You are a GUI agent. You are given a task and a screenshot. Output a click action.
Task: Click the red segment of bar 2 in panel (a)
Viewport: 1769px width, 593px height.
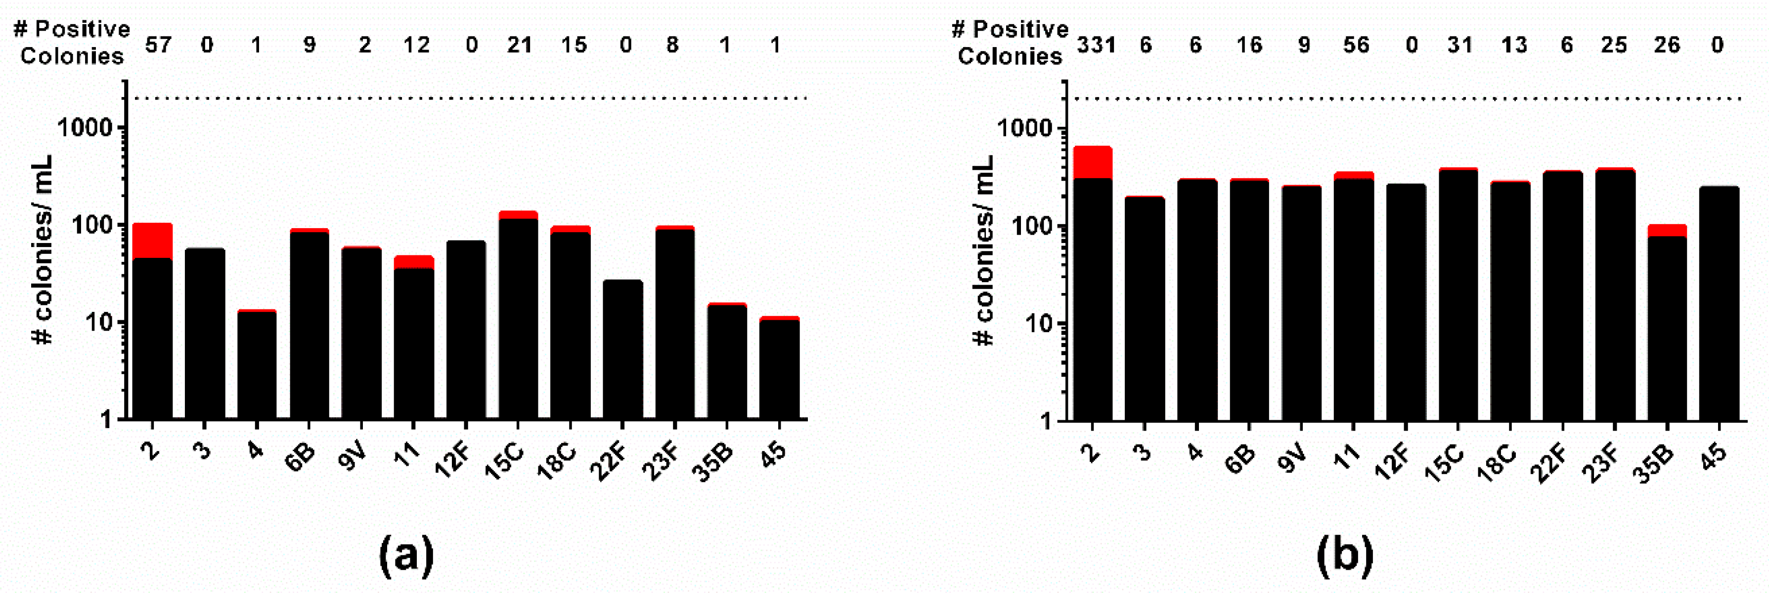tap(152, 241)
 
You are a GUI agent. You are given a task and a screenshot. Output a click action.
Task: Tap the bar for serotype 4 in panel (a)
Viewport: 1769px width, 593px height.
tap(257, 364)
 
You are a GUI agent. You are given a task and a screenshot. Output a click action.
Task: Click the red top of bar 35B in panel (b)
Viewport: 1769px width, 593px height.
tap(1667, 230)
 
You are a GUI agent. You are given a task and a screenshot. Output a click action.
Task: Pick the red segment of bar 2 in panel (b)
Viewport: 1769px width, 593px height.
tap(1093, 162)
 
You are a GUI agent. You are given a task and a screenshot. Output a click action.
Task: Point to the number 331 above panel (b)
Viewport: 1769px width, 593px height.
tap(1096, 46)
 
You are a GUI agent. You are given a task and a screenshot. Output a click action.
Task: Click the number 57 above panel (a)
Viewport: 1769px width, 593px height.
tap(158, 46)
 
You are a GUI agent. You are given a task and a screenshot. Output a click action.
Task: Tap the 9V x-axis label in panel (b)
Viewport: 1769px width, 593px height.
tap(1294, 458)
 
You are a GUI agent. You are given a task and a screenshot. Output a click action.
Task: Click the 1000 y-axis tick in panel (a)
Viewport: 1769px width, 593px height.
tap(87, 128)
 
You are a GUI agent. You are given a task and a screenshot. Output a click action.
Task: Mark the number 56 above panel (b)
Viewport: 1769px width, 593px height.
tap(1356, 46)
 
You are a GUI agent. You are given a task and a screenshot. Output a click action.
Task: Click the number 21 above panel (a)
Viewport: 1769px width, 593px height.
tap(520, 46)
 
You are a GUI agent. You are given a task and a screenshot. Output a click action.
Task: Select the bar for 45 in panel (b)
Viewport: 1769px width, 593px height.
tap(1719, 302)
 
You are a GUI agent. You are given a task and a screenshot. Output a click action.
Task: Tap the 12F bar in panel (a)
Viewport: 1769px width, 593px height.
tap(466, 330)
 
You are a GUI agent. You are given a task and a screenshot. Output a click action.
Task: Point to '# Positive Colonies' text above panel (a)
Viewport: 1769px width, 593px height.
tap(72, 42)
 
